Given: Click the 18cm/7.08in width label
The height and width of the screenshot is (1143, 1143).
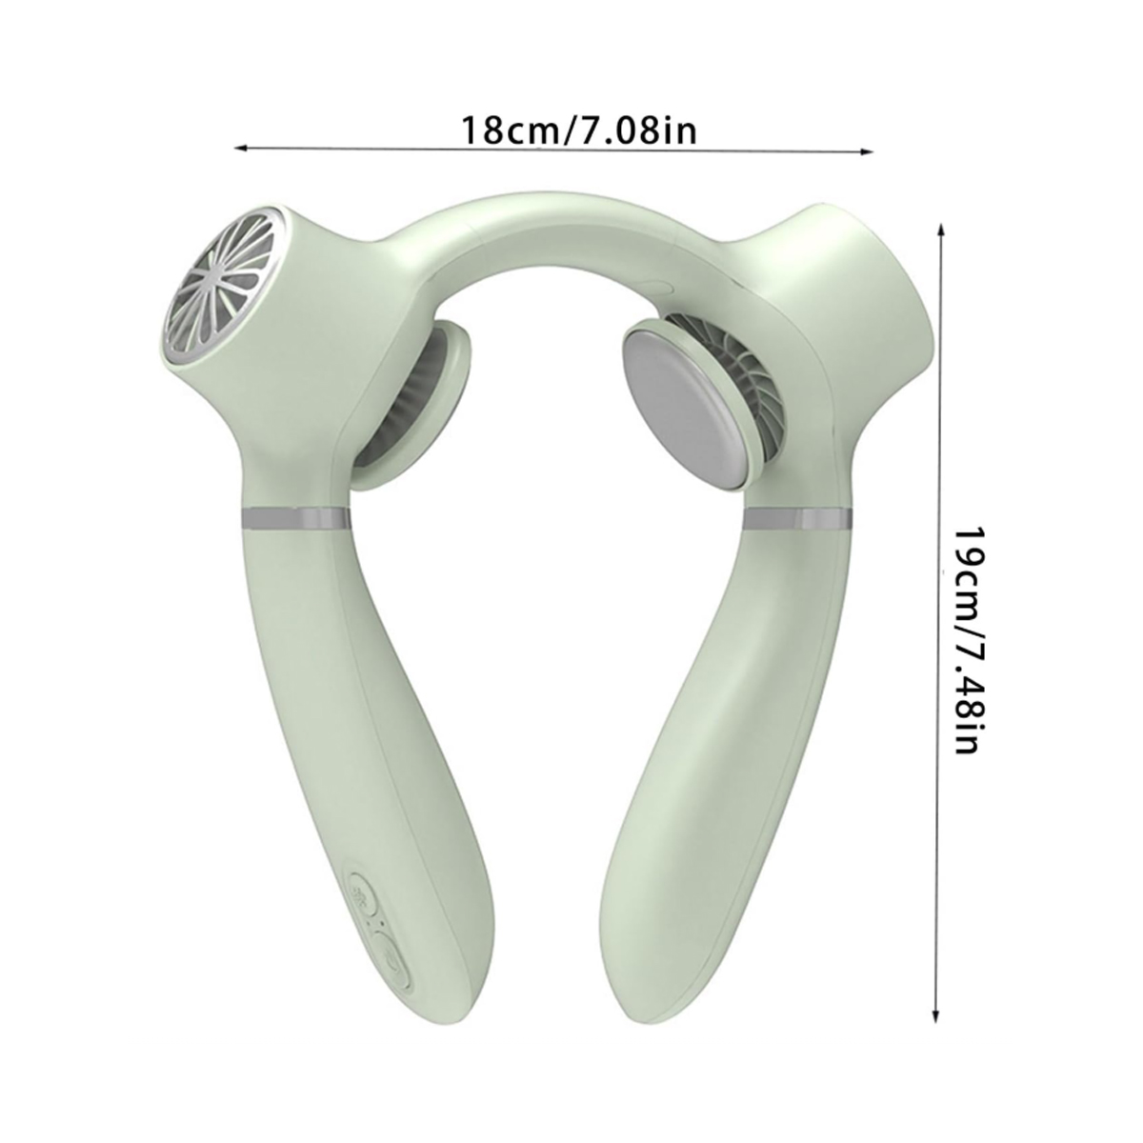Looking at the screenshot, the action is [x=578, y=130].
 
